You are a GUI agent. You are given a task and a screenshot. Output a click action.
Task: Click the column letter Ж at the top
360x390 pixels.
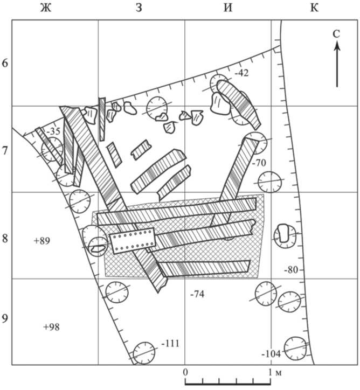coord(46,8)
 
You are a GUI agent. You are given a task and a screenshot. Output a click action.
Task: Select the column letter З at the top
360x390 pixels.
coord(139,8)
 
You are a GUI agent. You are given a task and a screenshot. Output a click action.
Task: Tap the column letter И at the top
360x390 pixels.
coord(228,8)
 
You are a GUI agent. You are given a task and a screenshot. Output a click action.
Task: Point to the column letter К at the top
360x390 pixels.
coord(314,8)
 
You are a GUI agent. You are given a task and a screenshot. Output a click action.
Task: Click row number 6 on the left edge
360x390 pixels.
coord(5,63)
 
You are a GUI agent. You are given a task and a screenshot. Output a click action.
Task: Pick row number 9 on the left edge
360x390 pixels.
coord(5,318)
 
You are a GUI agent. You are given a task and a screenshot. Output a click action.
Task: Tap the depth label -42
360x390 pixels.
coord(241,73)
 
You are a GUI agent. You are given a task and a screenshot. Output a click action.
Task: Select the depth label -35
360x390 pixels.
coord(53,131)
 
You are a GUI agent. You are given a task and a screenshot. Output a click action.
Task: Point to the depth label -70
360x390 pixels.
coord(259,163)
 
